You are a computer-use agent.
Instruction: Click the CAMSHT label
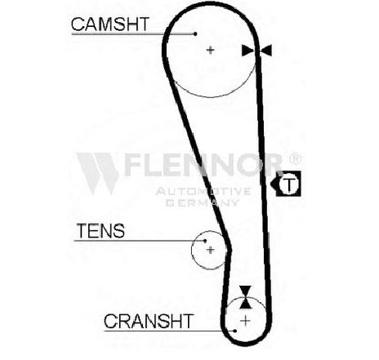point(110,24)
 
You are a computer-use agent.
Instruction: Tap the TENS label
point(100,231)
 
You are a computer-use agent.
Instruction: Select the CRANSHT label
point(149,321)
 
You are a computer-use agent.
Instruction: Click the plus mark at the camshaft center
point(210,50)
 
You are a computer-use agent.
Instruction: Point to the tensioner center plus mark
point(210,250)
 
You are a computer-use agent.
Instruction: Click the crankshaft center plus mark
point(245,321)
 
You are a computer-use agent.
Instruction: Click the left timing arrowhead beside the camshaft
point(248,51)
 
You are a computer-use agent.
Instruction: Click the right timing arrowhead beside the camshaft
point(265,51)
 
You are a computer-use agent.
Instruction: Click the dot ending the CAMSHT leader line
point(195,34)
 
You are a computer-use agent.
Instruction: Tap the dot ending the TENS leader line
point(205,241)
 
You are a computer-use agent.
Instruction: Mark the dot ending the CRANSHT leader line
point(235,331)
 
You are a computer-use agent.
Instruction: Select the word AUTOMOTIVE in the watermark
point(203,191)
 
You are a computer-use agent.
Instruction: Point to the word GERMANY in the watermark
point(203,202)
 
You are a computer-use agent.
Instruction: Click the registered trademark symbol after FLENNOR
point(295,159)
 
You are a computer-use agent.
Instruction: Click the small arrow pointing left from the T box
point(274,184)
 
